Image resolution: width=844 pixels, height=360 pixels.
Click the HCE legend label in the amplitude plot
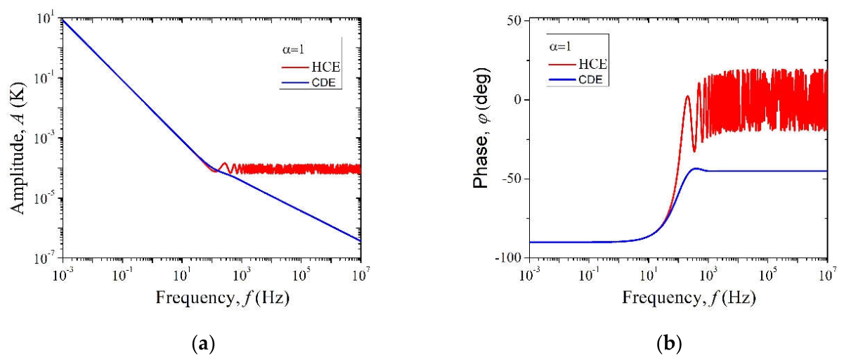(326, 67)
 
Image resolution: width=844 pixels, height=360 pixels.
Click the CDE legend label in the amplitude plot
(324, 82)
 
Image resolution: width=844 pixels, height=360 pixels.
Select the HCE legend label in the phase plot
(592, 65)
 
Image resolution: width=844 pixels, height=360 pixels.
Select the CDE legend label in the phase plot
(590, 79)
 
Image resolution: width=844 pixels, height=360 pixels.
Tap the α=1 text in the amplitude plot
(293, 49)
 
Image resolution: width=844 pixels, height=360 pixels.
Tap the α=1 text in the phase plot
(560, 46)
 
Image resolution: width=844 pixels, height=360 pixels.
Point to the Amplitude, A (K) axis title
(18, 148)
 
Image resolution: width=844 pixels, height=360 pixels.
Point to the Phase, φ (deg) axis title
(481, 128)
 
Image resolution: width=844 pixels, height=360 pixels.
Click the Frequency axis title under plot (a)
(223, 298)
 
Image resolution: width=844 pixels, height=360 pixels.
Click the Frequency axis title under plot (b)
(689, 298)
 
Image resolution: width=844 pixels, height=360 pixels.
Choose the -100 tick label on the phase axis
(510, 258)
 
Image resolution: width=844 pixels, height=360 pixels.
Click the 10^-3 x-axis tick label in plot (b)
(530, 274)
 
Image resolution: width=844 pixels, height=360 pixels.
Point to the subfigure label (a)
(204, 344)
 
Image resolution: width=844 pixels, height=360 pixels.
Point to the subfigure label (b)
(669, 344)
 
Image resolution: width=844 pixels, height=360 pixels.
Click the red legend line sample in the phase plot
(562, 65)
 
